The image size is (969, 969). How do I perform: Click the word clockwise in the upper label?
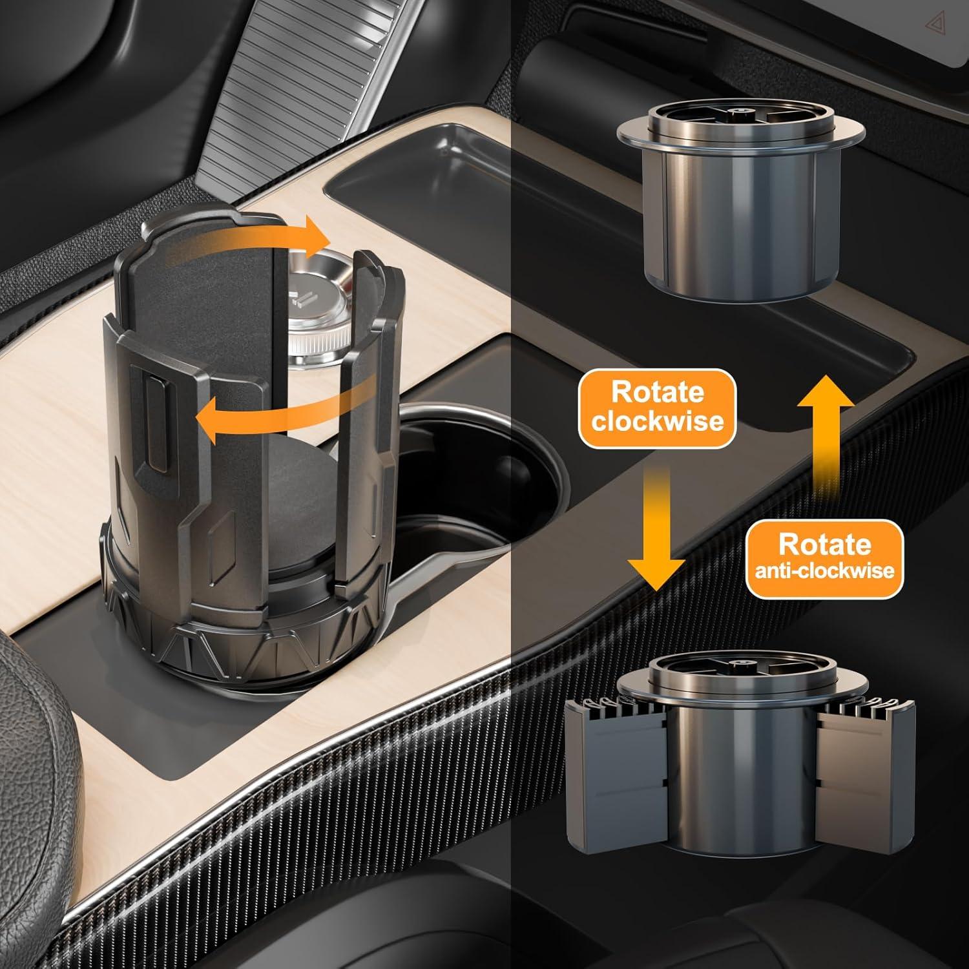click(658, 421)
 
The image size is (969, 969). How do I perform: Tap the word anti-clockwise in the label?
click(825, 570)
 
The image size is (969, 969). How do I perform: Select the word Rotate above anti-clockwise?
click(825, 545)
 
